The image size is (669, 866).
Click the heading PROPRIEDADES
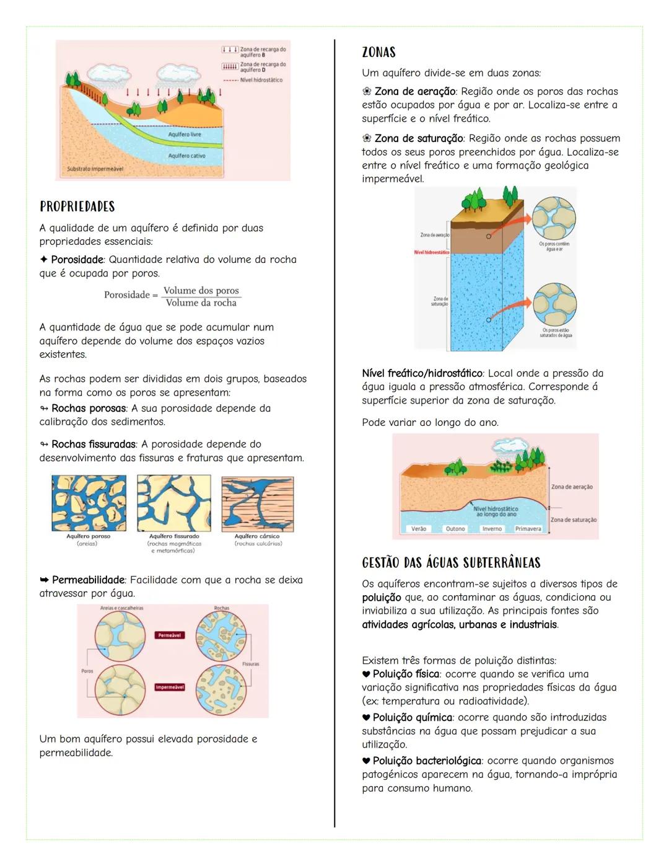click(x=77, y=206)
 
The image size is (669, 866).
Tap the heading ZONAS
click(x=378, y=53)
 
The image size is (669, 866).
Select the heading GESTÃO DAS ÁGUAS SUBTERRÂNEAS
click(x=451, y=563)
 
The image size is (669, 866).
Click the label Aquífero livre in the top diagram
click(x=185, y=135)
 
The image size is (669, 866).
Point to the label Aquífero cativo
click(x=186, y=156)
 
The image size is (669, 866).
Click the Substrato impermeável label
click(x=95, y=169)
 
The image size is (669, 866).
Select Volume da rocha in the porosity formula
click(x=201, y=303)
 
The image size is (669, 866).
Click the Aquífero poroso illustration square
click(x=89, y=503)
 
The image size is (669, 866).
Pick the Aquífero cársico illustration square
click(x=257, y=504)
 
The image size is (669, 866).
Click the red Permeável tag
click(x=169, y=635)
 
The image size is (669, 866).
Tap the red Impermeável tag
click(x=169, y=687)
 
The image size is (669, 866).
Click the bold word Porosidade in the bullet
click(x=77, y=260)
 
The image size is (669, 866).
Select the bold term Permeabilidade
click(x=88, y=580)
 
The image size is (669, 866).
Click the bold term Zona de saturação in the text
click(x=418, y=138)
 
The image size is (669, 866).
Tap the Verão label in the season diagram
click(x=419, y=529)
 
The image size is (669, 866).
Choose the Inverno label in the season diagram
click(x=492, y=529)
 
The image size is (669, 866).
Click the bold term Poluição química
click(x=412, y=717)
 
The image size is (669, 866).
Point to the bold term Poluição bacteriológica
click(x=427, y=761)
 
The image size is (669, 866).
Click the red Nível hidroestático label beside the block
click(x=432, y=252)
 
